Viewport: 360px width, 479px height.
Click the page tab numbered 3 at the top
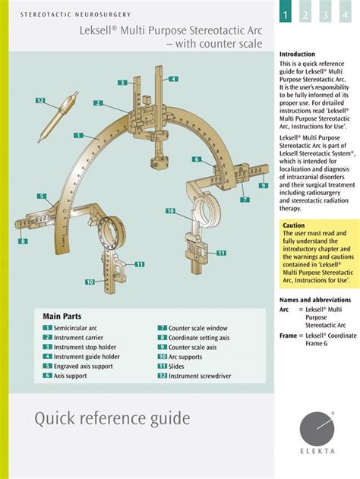click(324, 15)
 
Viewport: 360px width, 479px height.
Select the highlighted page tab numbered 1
click(286, 15)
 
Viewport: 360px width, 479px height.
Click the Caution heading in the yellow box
click(294, 225)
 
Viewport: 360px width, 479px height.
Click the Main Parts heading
click(62, 316)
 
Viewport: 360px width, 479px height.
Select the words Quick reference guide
click(112, 418)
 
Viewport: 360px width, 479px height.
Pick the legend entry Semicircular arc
click(75, 327)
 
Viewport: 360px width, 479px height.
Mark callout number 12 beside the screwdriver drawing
click(40, 100)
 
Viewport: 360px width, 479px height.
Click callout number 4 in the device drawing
click(173, 79)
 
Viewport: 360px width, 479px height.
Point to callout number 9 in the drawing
click(263, 185)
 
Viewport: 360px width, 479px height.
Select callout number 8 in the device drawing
click(24, 241)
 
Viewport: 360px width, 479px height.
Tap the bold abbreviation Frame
click(289, 335)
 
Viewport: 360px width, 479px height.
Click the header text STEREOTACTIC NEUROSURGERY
click(75, 14)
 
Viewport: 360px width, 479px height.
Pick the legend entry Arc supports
click(185, 356)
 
